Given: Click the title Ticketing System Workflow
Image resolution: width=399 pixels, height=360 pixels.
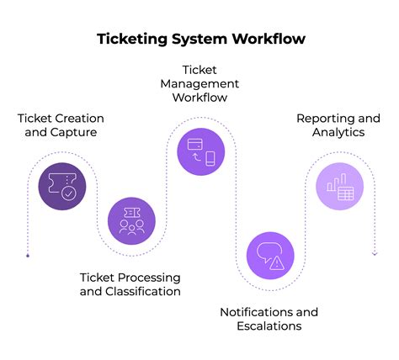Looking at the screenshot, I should pyautogui.click(x=199, y=39).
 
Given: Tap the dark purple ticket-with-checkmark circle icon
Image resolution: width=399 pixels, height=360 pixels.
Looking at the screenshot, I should pyautogui.click(x=62, y=186).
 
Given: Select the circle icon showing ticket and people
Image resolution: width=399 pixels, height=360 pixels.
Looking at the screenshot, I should pyautogui.click(x=131, y=220).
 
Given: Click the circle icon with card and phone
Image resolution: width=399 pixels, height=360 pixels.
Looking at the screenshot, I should pyautogui.click(x=200, y=151).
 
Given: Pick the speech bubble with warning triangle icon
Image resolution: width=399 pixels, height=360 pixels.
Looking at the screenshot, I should pyautogui.click(x=269, y=255).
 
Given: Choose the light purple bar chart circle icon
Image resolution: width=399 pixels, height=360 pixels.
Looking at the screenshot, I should pyautogui.click(x=338, y=186).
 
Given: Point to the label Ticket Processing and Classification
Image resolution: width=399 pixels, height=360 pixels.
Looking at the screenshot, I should pyautogui.click(x=130, y=284).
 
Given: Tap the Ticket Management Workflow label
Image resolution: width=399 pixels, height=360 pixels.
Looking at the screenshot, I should pyautogui.click(x=199, y=84).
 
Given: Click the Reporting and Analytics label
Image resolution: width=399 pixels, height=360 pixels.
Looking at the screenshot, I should pyautogui.click(x=338, y=124).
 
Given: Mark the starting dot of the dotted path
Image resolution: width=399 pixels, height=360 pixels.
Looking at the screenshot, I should pyautogui.click(x=28, y=254).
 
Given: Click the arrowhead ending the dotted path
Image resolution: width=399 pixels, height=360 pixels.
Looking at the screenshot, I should pyautogui.click(x=374, y=253).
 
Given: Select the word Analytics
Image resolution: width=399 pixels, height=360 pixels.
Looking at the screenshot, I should pyautogui.click(x=338, y=131).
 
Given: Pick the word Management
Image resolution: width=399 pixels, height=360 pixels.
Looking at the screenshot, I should pyautogui.click(x=199, y=84).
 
